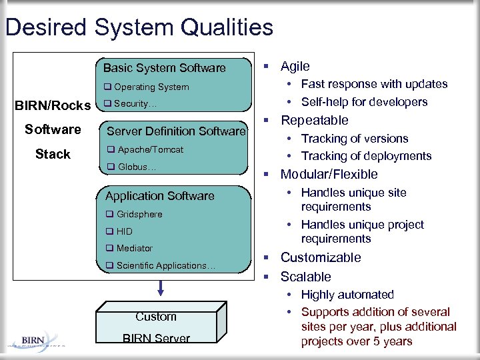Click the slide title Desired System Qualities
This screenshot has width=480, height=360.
point(139,27)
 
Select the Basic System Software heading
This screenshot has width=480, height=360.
point(164,68)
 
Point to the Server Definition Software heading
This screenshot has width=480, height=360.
point(176,131)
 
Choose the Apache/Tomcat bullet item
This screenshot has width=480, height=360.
point(145,150)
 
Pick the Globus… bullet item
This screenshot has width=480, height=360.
point(132,167)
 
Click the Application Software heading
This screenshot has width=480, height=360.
point(160,196)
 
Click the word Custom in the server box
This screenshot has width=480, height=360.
point(156,317)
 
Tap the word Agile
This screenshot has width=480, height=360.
point(295,66)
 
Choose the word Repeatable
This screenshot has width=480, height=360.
point(314,120)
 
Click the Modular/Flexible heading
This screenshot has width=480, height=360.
point(329,174)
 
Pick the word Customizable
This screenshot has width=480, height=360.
point(320,257)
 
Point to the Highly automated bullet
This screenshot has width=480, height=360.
point(347,295)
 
